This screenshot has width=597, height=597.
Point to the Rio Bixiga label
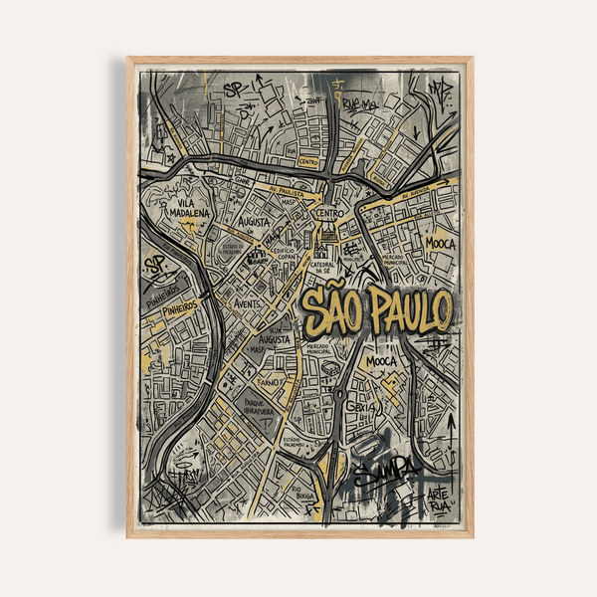(x=303, y=492)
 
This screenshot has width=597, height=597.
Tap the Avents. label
(x=247, y=303)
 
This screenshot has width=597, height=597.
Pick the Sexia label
(x=362, y=406)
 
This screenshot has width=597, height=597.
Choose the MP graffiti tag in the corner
(x=439, y=90)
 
